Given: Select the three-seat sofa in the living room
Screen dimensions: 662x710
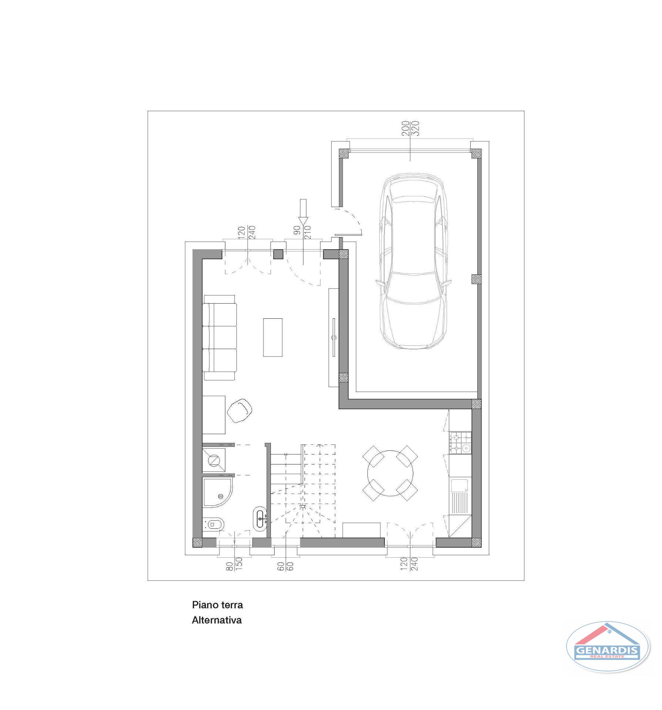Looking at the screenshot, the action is [220, 338].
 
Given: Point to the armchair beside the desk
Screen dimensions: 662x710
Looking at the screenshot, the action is [239, 410].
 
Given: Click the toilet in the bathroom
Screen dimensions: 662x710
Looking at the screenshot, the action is [212, 524].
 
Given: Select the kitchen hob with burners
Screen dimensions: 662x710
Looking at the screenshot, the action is [460, 443].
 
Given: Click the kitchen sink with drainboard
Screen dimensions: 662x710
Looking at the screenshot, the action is [460, 496].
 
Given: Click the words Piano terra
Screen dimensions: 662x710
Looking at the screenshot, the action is [217, 605].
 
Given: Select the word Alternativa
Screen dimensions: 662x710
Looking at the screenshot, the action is [217, 620].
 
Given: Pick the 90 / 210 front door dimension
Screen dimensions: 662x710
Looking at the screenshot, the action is [302, 233].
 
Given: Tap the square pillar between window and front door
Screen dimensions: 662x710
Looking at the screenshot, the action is [278, 254].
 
